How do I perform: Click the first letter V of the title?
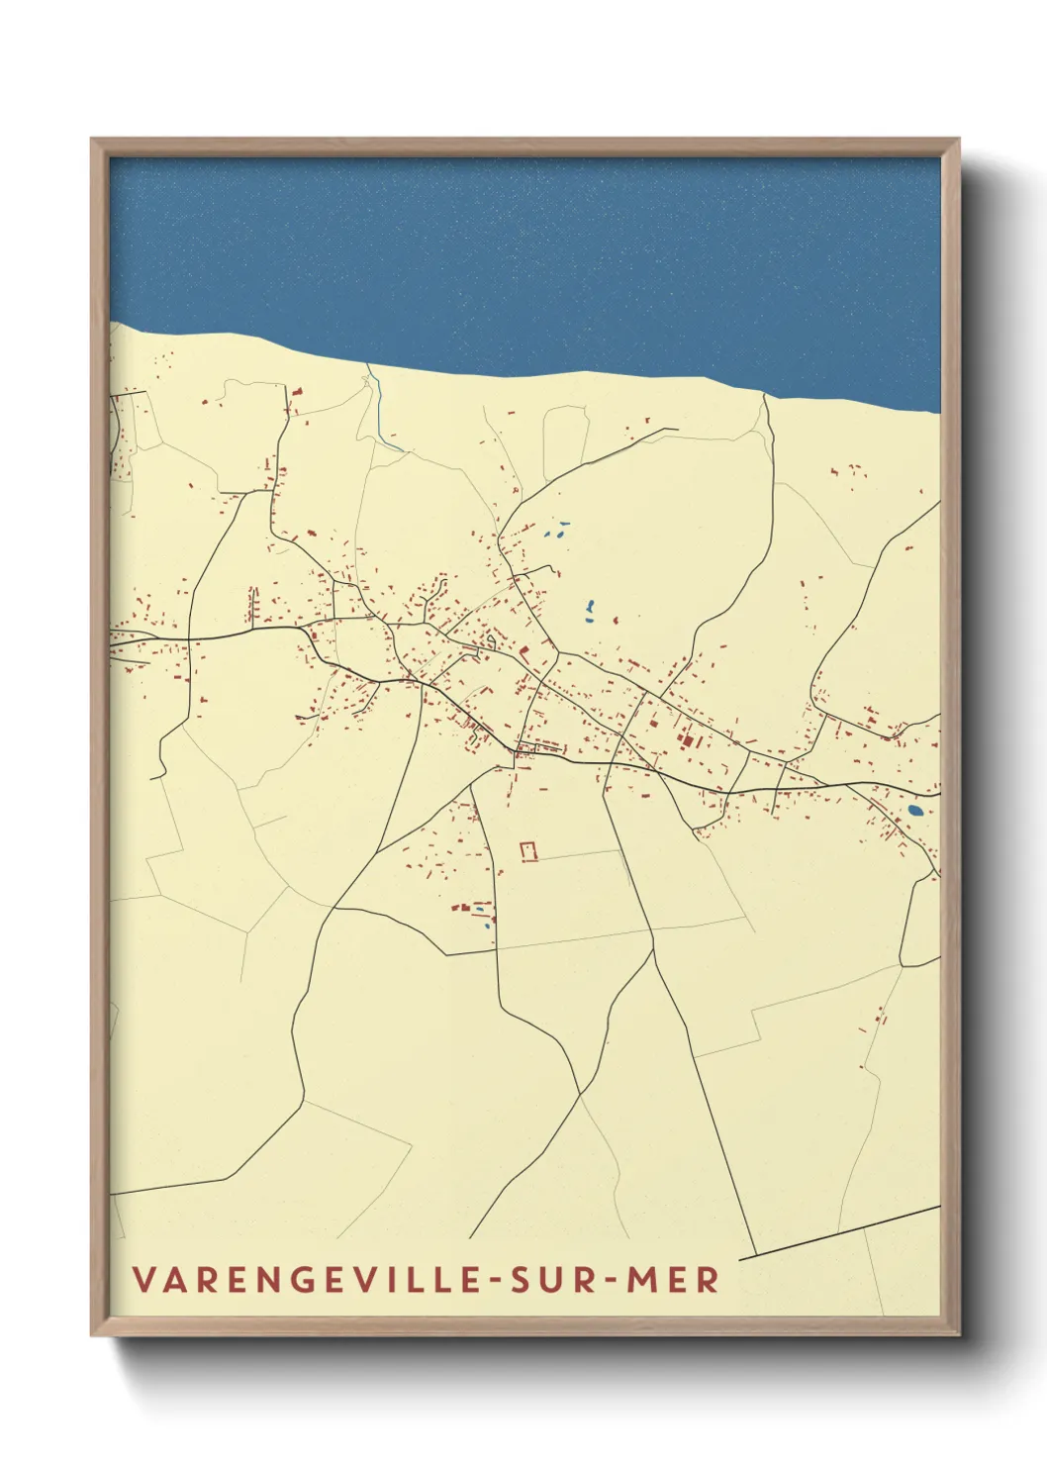(143, 1279)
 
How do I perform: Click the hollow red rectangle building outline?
(529, 851)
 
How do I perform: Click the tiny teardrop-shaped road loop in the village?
(489, 643)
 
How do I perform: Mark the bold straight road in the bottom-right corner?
(841, 1231)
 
